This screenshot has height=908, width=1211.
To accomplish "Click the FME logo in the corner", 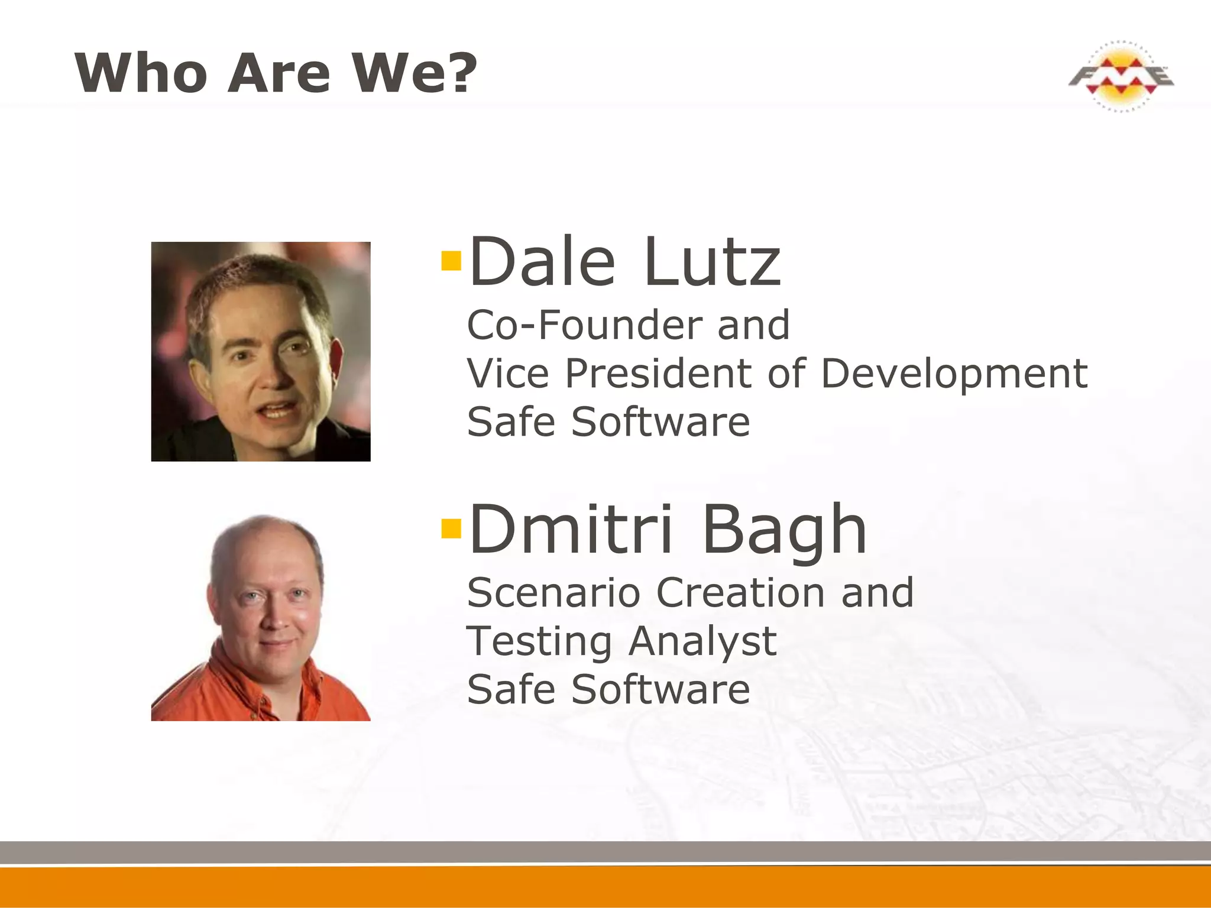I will (x=1121, y=76).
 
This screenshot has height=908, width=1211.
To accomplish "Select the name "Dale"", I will (x=542, y=261).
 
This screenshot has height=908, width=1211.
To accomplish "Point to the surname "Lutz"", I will (x=713, y=261).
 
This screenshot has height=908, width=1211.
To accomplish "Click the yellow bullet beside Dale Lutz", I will (x=451, y=261).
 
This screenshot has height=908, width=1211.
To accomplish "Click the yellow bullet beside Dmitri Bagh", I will (x=451, y=528).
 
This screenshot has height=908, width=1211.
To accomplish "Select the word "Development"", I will (x=954, y=375).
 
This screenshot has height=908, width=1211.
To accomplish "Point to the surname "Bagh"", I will (x=785, y=530).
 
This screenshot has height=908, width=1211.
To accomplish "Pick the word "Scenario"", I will (x=553, y=593).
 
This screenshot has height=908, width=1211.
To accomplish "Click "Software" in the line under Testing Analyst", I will (x=660, y=690).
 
